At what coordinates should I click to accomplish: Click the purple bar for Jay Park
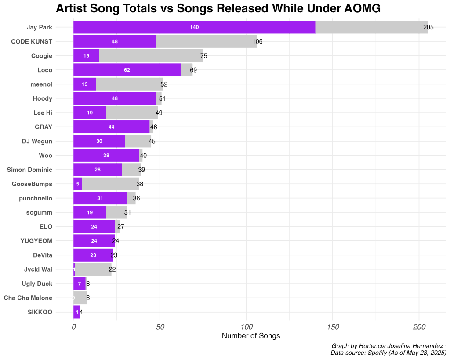click(194, 27)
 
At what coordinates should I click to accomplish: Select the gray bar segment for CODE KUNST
click(207, 41)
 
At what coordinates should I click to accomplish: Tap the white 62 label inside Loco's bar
click(127, 70)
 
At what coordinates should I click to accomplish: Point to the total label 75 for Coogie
click(203, 56)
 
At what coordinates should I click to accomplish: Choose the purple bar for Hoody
click(115, 98)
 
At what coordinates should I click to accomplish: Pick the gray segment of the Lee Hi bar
click(132, 113)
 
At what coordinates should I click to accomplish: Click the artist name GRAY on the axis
click(44, 127)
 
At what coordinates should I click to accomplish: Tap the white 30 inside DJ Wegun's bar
click(99, 141)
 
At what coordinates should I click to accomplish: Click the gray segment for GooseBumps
click(110, 184)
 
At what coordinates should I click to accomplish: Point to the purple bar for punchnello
click(100, 198)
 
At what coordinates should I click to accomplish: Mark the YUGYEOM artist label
click(36, 241)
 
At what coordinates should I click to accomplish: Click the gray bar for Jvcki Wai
click(93, 269)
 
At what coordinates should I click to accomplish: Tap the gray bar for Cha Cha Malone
click(81, 298)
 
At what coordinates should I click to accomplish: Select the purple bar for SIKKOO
click(77, 312)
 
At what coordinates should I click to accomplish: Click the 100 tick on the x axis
click(247, 327)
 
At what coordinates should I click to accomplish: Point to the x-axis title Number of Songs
click(251, 336)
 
